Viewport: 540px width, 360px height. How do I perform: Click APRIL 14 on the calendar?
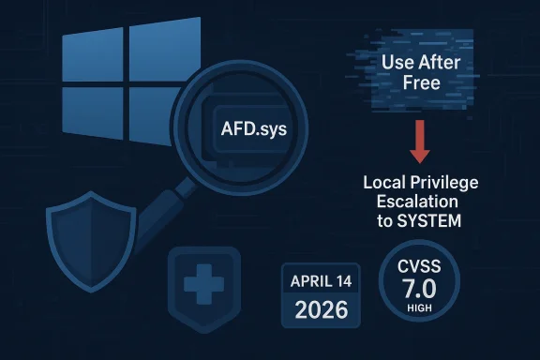click(320, 280)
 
